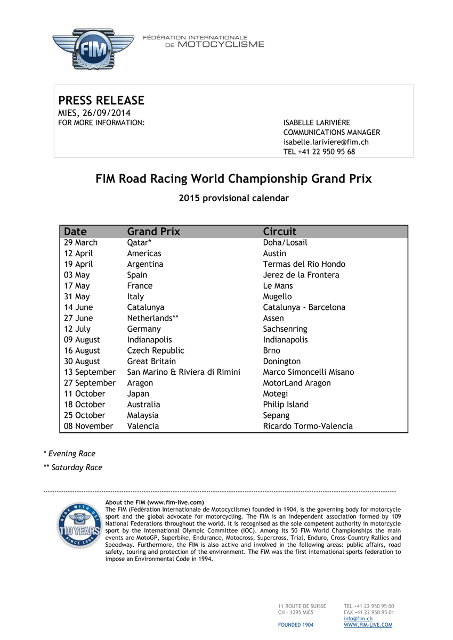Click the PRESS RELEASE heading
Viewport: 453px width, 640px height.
tap(101, 101)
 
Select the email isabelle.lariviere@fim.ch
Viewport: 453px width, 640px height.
tap(326, 142)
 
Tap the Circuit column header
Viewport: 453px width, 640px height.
tap(280, 232)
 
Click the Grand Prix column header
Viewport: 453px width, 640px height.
tap(153, 232)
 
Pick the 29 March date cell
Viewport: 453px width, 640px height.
tap(81, 243)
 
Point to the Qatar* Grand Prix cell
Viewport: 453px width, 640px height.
tap(139, 243)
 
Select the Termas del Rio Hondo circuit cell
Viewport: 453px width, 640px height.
tap(304, 264)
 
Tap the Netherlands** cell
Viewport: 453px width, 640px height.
tap(152, 318)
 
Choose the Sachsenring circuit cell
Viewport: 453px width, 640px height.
tap(285, 329)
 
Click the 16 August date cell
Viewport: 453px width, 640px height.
tap(82, 351)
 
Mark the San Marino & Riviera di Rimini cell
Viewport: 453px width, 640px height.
tap(183, 372)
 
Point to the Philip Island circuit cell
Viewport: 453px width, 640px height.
tap(286, 405)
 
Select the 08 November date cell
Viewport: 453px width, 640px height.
tap(88, 426)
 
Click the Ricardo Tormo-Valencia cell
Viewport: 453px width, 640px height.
tap(308, 426)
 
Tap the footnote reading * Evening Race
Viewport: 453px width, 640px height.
tap(69, 454)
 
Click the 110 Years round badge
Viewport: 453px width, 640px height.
tap(79, 525)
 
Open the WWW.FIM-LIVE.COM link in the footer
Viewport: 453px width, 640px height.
tap(368, 625)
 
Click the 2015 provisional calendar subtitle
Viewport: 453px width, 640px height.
tap(233, 199)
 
